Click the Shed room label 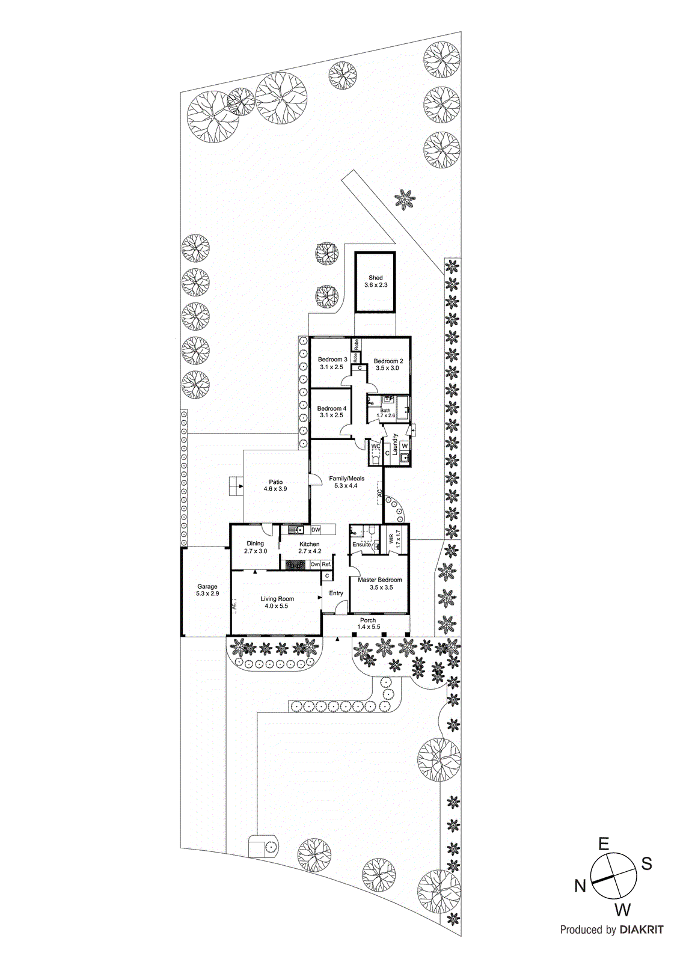tap(375, 278)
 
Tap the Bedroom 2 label tap(388, 361)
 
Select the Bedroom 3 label tap(332, 360)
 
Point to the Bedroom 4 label tap(331, 409)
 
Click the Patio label tap(275, 482)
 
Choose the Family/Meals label tap(346, 479)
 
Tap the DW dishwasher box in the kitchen tap(316, 530)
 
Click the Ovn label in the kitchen tap(315, 565)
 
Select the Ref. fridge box tap(326, 565)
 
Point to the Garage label tap(207, 587)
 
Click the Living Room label tap(277, 599)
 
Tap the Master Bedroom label tap(380, 580)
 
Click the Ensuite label tap(362, 545)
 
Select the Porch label tap(368, 620)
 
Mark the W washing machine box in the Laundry tap(405, 446)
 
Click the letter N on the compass tap(580, 886)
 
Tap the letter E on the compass tap(604, 844)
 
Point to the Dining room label tap(256, 544)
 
